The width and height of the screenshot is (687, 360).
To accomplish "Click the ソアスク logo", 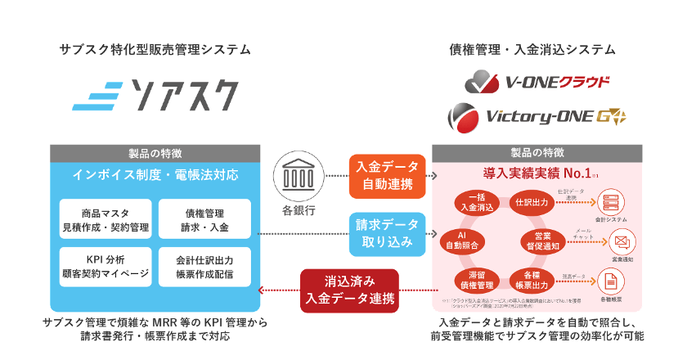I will pyautogui.click(x=155, y=94).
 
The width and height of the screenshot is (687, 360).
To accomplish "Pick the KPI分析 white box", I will pyautogui.click(x=106, y=267).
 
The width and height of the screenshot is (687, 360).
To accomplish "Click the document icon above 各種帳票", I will pyautogui.click(x=608, y=280).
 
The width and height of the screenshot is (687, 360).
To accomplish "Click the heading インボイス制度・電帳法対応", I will pyautogui.click(x=155, y=174).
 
